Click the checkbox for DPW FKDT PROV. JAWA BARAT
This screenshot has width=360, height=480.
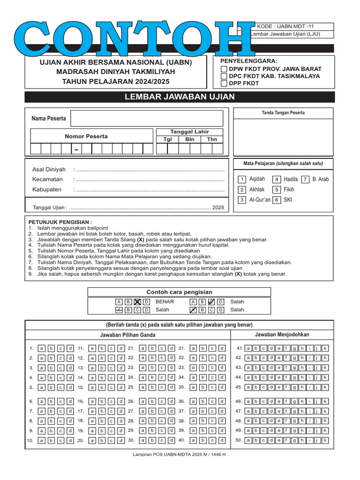click(x=224, y=68)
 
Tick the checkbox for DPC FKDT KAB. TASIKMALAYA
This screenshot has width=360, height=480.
click(x=224, y=76)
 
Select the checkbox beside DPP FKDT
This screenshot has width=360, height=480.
click(x=224, y=83)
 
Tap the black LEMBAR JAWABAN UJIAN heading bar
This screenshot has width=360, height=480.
click(x=180, y=97)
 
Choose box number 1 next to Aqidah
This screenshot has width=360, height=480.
click(x=242, y=180)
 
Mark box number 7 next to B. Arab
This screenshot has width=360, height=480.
click(x=305, y=180)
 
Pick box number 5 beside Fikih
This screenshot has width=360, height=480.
click(x=277, y=190)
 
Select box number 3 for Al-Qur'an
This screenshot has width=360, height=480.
click(x=242, y=200)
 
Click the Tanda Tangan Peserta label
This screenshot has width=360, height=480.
click(x=283, y=113)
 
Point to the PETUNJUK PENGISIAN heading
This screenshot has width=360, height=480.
click(x=60, y=222)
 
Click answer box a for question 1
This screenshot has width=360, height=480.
click(x=41, y=348)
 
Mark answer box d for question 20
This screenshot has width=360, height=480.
click(x=121, y=441)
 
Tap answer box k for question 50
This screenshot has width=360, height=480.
click(x=325, y=440)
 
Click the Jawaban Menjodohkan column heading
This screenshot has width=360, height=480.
click(x=282, y=335)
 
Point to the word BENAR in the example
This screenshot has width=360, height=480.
click(x=165, y=302)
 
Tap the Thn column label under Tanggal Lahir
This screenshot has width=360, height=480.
click(x=212, y=139)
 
